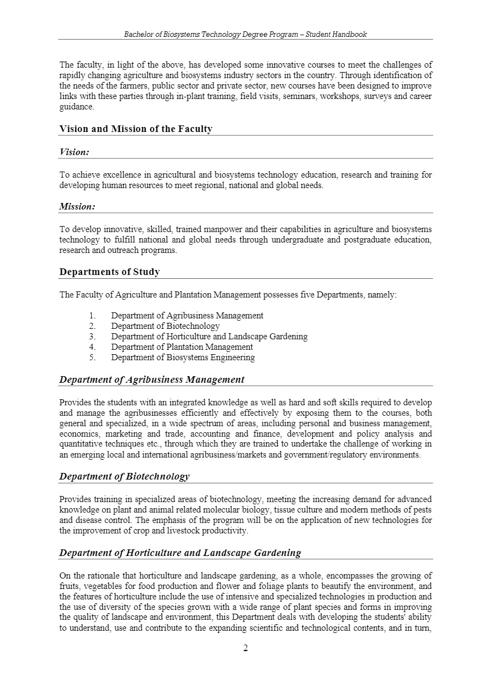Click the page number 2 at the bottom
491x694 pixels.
[245, 648]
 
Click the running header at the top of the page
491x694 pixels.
[245, 34]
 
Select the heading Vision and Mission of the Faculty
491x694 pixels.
[136, 129]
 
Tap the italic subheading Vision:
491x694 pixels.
[74, 152]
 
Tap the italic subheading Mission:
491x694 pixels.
[77, 207]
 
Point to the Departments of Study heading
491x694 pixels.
[109, 272]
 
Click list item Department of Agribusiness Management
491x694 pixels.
[187, 316]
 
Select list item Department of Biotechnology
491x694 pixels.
[165, 326]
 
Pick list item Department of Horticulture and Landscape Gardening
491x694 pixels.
[209, 337]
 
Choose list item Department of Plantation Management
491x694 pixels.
[182, 347]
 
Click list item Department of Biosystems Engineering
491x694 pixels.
[183, 357]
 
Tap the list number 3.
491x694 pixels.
[92, 337]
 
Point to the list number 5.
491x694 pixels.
[92, 357]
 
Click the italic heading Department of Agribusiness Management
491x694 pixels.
[152, 379]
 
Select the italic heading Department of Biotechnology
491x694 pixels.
[124, 476]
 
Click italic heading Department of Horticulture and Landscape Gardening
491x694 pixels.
[180, 553]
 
